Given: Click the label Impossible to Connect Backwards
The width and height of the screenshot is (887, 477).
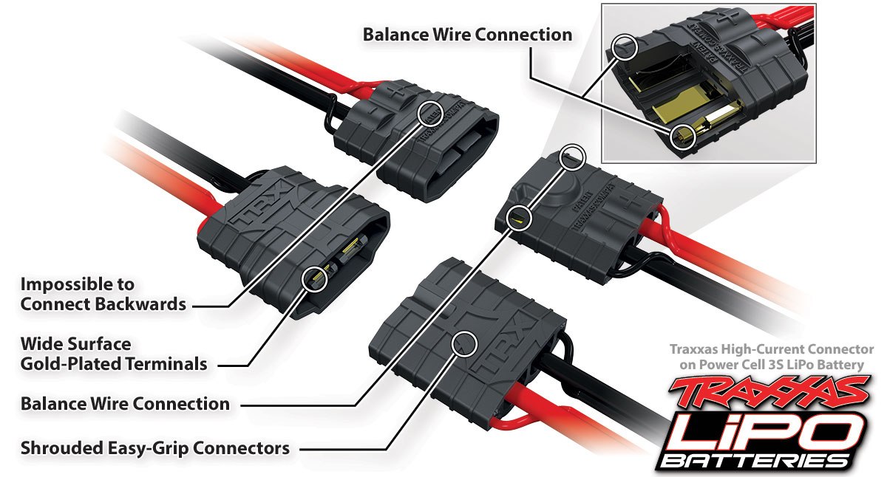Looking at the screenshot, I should tap(103, 294).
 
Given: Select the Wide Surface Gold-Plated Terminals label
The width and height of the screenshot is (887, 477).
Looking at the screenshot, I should tap(113, 354).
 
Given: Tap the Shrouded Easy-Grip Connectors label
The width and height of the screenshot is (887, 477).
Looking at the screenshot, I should tap(154, 447).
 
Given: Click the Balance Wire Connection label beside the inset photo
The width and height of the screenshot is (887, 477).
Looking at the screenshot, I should tap(467, 35).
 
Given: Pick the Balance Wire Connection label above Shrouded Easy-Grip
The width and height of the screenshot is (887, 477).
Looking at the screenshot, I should tap(125, 404).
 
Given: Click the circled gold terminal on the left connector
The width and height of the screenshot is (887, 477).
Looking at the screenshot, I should tap(315, 278).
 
